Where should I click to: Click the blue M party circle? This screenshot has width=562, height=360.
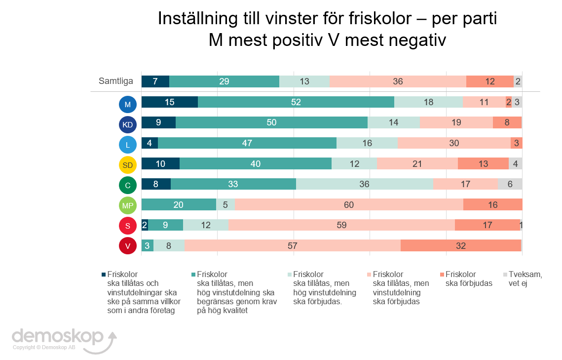tap(128, 105)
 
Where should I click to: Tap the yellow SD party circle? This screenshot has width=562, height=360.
tap(128, 165)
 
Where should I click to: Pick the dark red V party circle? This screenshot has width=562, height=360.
tap(128, 246)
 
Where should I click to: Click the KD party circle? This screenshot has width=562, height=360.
tap(128, 125)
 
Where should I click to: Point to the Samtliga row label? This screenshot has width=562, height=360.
tap(115, 81)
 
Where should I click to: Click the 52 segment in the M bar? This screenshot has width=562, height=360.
tap(296, 102)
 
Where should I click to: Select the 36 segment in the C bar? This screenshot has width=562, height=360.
tap(364, 184)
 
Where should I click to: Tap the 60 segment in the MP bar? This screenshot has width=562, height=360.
tap(349, 204)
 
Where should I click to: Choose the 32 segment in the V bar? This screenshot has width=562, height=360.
tap(460, 245)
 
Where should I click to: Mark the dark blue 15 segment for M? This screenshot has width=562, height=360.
tap(170, 102)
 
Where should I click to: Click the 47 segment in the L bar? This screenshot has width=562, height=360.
tap(247, 143)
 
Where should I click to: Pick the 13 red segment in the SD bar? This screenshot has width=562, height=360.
tap(483, 163)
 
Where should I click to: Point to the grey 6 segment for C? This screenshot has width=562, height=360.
tap(510, 184)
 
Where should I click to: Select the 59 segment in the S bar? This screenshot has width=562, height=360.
tap(341, 225)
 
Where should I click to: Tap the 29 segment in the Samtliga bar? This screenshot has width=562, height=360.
tap(224, 81)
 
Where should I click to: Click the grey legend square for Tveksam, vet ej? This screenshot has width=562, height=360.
tap(505, 275)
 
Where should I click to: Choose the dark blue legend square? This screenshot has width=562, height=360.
tap(104, 275)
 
